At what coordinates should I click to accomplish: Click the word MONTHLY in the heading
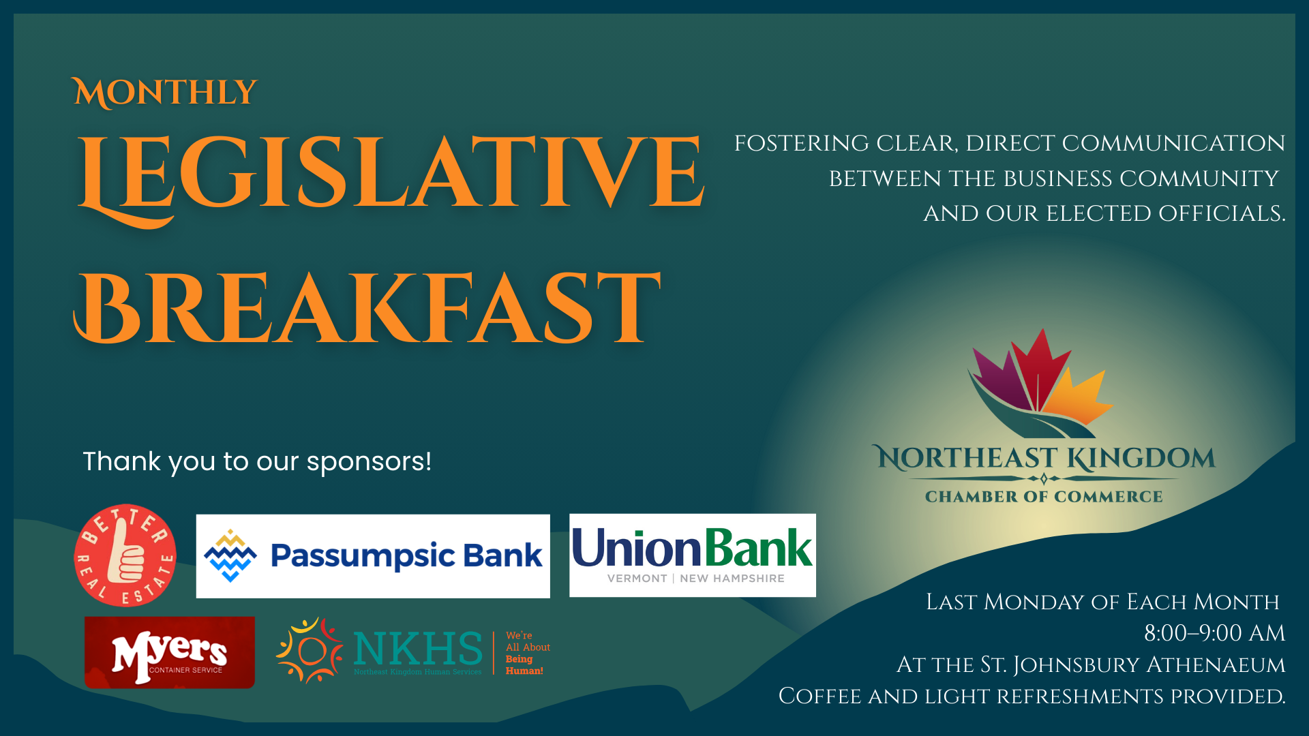[165, 93]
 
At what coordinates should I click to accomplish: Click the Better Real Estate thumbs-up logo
[125, 555]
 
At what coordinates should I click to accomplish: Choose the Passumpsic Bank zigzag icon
[230, 555]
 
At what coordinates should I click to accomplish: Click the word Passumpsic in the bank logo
[363, 556]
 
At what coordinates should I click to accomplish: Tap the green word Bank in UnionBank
[758, 549]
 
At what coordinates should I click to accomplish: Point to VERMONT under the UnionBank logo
[637, 579]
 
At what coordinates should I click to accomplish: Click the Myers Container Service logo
[169, 653]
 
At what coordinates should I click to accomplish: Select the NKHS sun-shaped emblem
[310, 651]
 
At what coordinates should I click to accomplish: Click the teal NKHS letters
[417, 648]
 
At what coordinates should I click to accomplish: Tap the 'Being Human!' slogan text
[524, 665]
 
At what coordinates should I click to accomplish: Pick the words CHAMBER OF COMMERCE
[1044, 497]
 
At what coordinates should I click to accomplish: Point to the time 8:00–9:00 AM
[1214, 633]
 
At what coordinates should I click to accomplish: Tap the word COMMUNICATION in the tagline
[1173, 144]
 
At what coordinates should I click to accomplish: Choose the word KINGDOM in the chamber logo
[1141, 459]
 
